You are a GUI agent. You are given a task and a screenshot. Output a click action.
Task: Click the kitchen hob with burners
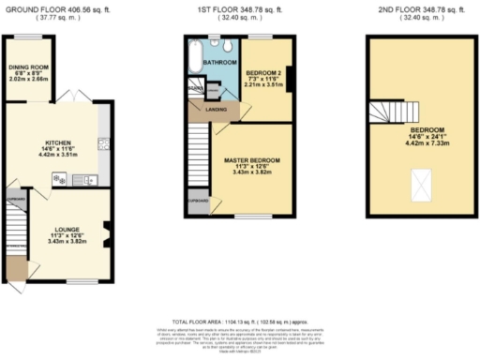coord(60,180)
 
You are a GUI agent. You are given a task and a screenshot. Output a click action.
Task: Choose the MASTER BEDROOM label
coord(248,160)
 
